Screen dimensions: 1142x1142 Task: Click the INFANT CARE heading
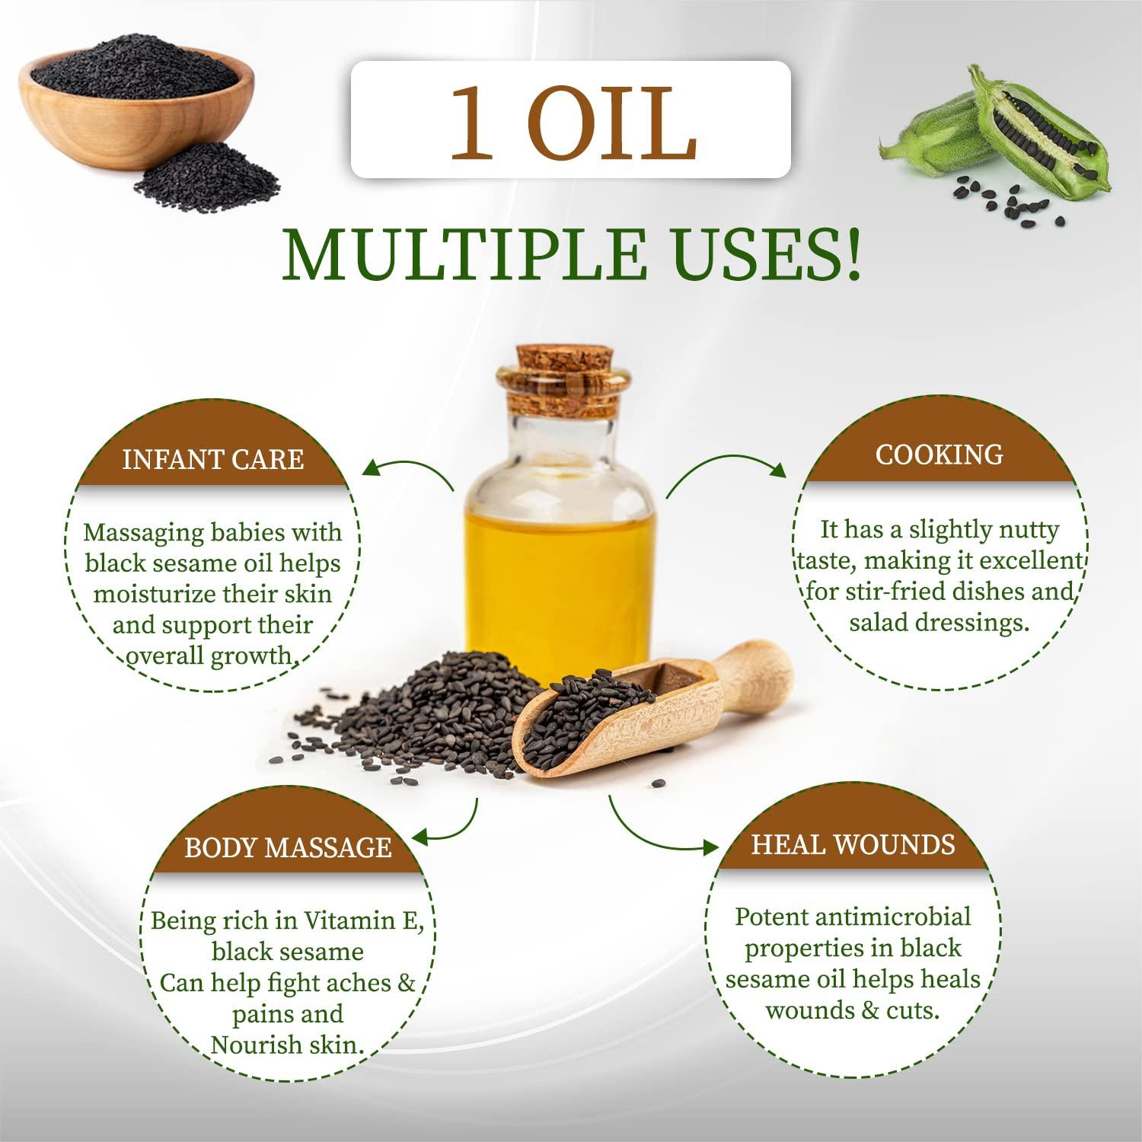[213, 460]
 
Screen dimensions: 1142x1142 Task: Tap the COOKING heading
[939, 455]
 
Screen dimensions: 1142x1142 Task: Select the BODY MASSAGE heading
[288, 847]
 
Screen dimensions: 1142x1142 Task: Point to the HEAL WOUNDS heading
[853, 844]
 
